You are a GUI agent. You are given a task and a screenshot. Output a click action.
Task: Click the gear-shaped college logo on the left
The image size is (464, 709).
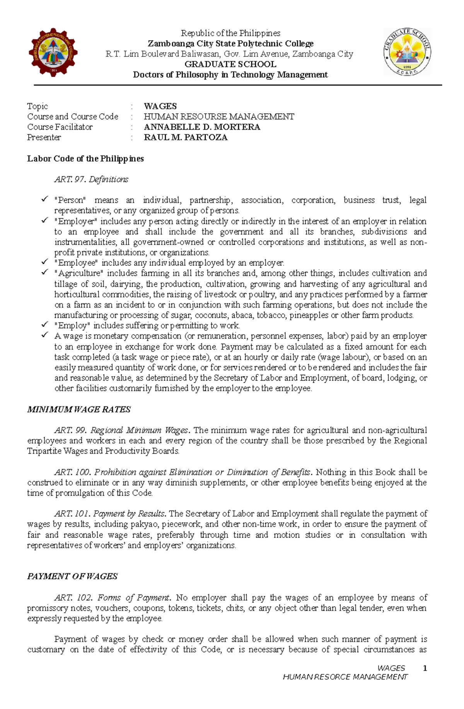53,53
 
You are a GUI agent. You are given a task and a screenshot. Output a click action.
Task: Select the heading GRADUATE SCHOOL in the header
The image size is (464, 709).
230,64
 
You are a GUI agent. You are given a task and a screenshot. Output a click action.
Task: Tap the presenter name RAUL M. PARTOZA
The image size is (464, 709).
186,138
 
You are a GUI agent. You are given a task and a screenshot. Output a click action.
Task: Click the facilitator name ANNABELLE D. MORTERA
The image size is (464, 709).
202,127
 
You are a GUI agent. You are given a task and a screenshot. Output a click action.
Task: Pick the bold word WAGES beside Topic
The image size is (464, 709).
160,106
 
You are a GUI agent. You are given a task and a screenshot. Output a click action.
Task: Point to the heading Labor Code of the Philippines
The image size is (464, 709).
85,159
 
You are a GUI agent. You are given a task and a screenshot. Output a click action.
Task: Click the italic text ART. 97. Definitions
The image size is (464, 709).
91,180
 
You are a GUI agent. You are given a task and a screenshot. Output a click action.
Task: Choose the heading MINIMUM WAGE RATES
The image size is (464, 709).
79,410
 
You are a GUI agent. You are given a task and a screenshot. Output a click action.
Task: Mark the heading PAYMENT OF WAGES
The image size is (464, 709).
72,576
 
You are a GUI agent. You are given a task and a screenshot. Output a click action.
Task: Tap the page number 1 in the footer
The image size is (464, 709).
425,668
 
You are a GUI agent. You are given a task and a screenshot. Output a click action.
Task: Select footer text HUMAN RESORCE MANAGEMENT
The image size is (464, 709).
345,677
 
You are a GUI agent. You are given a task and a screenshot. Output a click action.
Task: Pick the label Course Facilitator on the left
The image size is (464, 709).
60,127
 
